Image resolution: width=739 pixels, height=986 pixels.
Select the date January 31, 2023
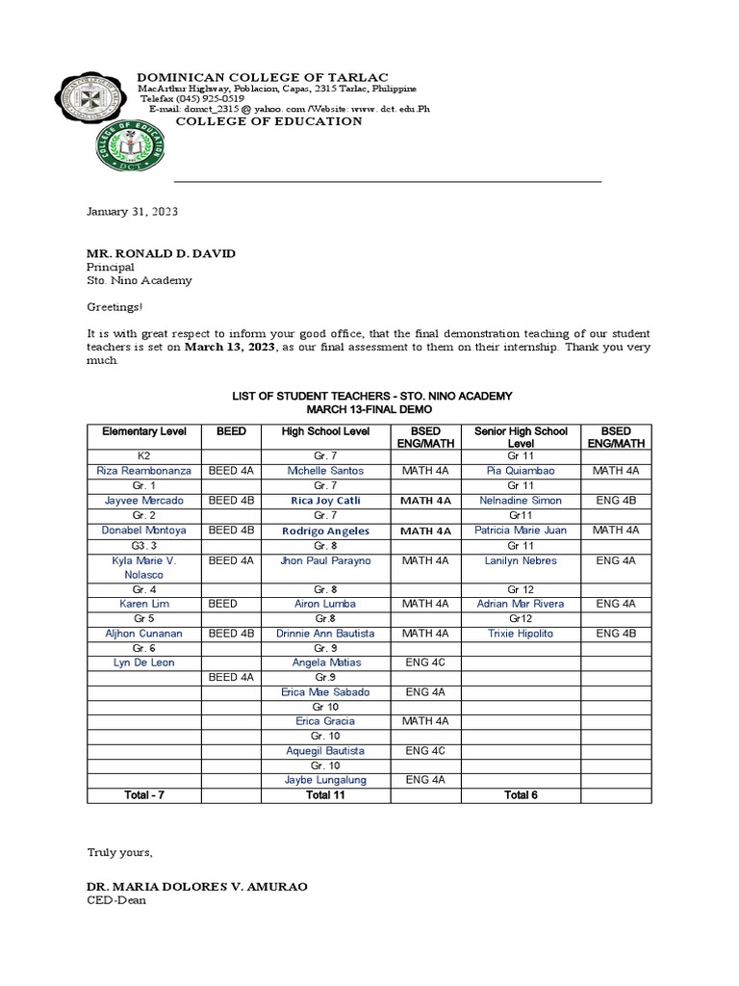pyautogui.click(x=133, y=212)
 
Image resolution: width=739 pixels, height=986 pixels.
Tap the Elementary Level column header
pyautogui.click(x=144, y=430)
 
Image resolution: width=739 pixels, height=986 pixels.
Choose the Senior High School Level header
pyautogui.click(x=521, y=436)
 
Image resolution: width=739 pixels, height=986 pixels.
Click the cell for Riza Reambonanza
pyautogui.click(x=144, y=470)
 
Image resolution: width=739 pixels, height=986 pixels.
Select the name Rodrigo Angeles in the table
pyautogui.click(x=326, y=531)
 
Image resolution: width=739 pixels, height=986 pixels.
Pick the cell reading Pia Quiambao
pyautogui.click(x=521, y=470)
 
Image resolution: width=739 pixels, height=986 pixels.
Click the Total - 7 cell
pyautogui.click(x=144, y=795)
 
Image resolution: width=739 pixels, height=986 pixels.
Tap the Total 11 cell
pyautogui.click(x=326, y=795)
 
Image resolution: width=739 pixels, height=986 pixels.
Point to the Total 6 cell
pyautogui.click(x=521, y=795)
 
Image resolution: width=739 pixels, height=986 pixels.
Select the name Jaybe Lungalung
pyautogui.click(x=326, y=780)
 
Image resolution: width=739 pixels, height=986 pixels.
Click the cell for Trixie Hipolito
pyautogui.click(x=521, y=634)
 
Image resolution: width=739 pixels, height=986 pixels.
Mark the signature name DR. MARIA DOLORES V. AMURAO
pyautogui.click(x=197, y=886)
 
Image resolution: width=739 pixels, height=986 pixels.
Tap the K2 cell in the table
pyautogui.click(x=144, y=454)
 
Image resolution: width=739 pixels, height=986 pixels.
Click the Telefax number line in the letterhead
pyautogui.click(x=192, y=99)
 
